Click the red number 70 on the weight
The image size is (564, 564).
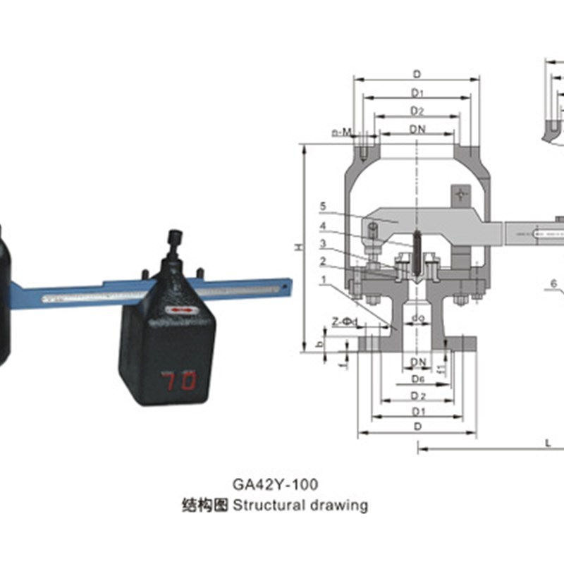tap(179, 381)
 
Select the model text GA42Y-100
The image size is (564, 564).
tap(275, 485)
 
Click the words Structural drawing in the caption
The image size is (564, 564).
tap(300, 505)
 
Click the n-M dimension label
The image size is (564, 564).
tap(341, 133)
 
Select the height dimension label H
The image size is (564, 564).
tap(298, 247)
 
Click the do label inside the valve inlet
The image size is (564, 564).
tap(417, 319)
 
